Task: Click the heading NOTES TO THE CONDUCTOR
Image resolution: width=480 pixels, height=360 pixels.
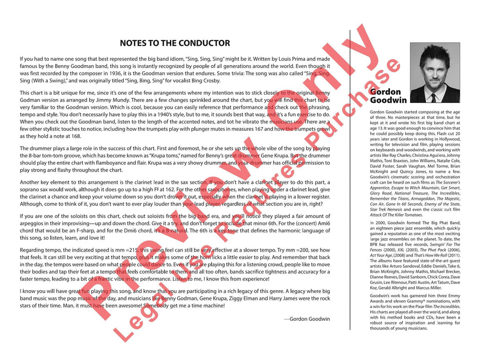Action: [x=175, y=43]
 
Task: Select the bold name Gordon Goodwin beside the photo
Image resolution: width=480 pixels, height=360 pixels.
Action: [x=388, y=96]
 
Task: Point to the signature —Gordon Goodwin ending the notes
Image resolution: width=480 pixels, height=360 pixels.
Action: [x=307, y=319]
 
